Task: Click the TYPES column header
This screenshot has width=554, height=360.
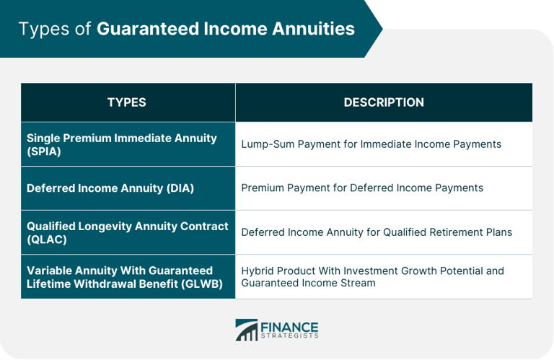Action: coord(127,102)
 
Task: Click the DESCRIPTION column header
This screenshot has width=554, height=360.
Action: coord(383,102)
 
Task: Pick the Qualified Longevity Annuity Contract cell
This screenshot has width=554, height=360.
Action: coord(127,232)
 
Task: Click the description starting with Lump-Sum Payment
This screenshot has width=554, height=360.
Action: coord(371,144)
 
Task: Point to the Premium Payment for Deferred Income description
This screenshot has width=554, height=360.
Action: coord(362,188)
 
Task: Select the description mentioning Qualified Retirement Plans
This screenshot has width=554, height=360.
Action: coord(377,232)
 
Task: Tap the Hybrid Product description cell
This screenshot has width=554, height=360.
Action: coord(372,276)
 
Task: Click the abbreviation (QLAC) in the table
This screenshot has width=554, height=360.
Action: coord(43,239)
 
